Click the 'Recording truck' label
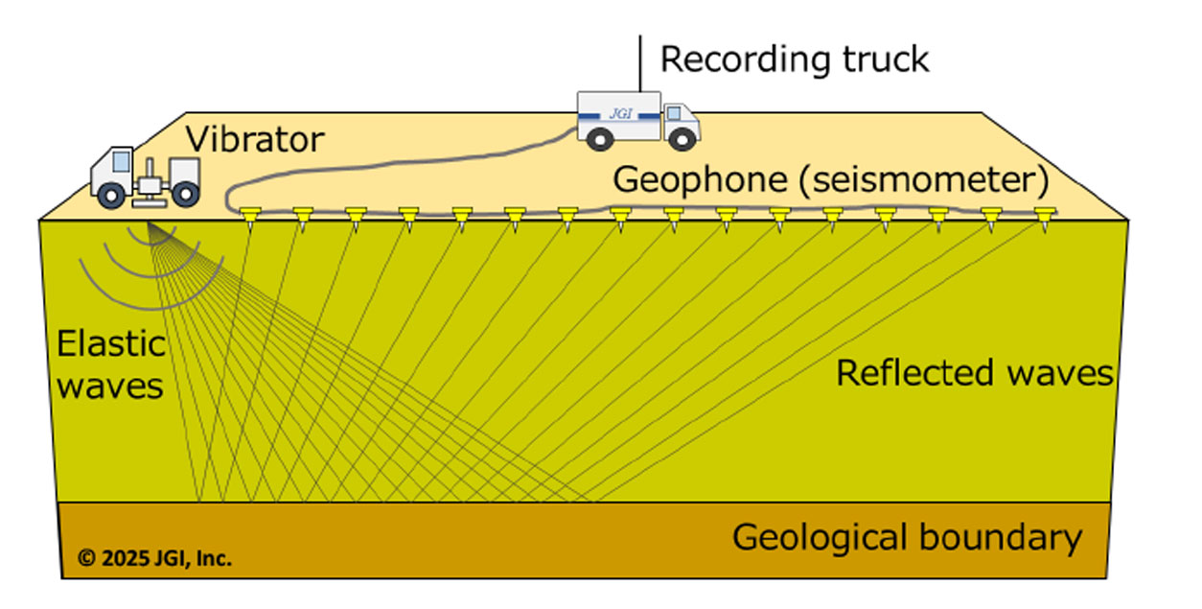click(795, 59)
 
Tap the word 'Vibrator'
click(255, 139)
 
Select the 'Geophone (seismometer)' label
click(830, 179)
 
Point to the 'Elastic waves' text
click(110, 365)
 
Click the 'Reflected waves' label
click(974, 373)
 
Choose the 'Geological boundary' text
click(907, 538)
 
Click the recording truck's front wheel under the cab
click(681, 139)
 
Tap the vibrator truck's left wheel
click(111, 195)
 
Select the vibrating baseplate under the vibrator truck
click(149, 202)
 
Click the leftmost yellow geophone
click(252, 217)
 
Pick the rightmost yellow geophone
click(1043, 217)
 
